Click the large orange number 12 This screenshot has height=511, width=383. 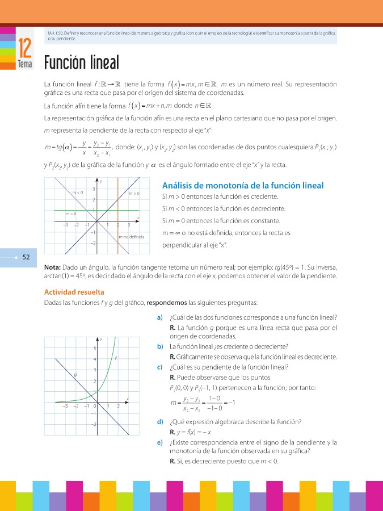tap(24, 48)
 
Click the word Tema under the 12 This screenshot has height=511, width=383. tap(24, 64)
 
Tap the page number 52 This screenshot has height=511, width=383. tap(26, 257)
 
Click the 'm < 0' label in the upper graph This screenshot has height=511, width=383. tap(78, 193)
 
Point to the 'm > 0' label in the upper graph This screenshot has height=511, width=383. tap(134, 194)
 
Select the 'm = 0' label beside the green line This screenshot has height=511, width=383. tap(71, 214)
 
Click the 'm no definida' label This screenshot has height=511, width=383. tap(131, 236)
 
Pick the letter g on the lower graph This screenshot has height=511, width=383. tap(75, 375)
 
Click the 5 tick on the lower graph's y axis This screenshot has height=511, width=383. tap(95, 348)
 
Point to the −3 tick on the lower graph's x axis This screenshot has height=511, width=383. tap(65, 406)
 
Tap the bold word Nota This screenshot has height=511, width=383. tap(52, 267)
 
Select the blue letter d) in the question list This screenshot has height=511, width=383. tap(160, 421)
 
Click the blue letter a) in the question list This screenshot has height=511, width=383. tap(160, 317)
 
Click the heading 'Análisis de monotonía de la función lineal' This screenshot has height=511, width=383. tap(243, 186)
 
